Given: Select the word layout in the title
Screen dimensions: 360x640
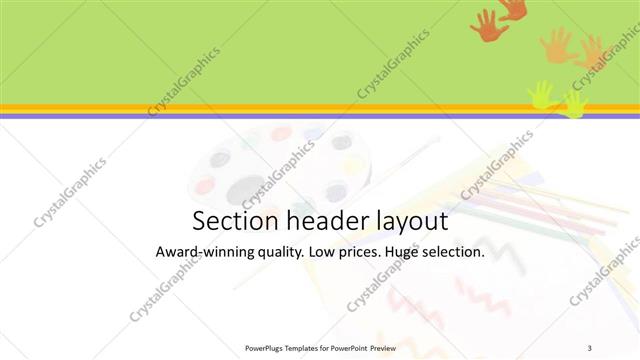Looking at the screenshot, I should [x=405, y=222].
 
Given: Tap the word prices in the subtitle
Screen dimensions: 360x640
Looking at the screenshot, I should [x=363, y=254].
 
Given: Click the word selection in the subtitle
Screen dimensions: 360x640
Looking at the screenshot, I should [x=457, y=253].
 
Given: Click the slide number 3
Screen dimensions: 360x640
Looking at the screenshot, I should [x=590, y=347].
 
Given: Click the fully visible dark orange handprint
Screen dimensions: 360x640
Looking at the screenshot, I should [x=488, y=26].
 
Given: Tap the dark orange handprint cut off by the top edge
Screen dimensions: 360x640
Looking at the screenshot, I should [x=514, y=8].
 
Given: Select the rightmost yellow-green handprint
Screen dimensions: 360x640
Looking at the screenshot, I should [x=574, y=103].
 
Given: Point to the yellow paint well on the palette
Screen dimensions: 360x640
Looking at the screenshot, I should [x=351, y=165].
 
